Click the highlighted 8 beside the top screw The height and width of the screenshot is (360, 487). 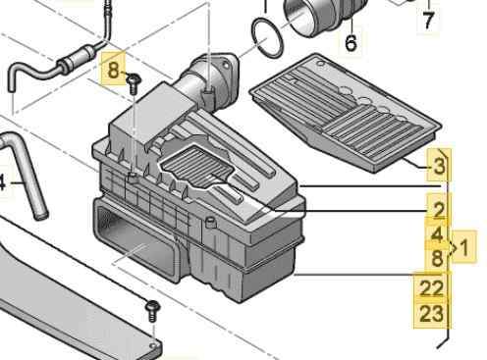[x=113, y=70]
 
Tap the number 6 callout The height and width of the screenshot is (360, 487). [x=351, y=42]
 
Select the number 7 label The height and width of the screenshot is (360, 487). [x=428, y=20]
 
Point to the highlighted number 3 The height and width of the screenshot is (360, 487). [x=439, y=166]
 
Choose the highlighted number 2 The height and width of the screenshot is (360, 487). [x=439, y=210]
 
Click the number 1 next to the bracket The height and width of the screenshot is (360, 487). [x=464, y=247]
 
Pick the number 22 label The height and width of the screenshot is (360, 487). [x=431, y=287]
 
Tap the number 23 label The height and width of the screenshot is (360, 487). [x=431, y=313]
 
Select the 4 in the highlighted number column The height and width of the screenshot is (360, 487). [x=438, y=234]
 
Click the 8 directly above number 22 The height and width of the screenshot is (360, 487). [x=438, y=258]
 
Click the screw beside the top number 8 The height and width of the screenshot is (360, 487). [x=134, y=83]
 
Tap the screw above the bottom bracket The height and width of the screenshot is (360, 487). [x=153, y=311]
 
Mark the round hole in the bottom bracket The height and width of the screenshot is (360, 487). [x=153, y=346]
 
